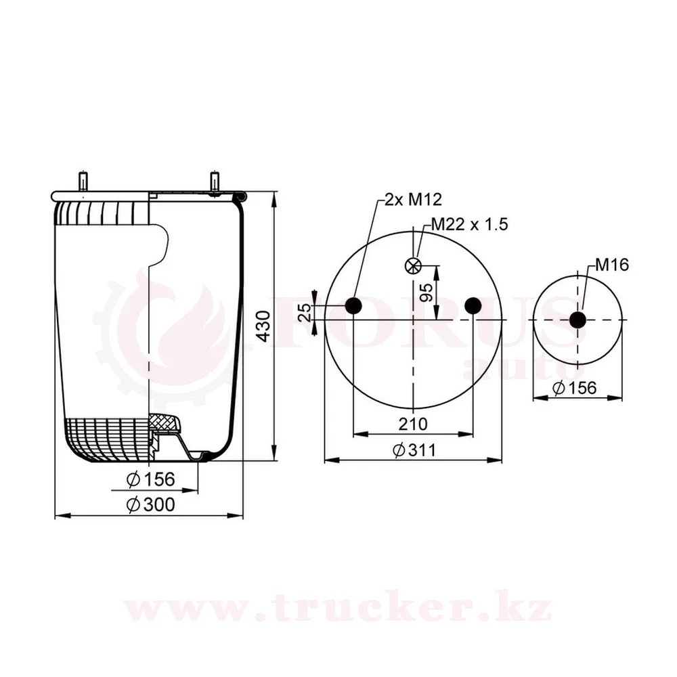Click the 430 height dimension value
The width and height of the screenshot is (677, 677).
click(263, 326)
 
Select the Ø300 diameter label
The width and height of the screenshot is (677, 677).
click(151, 504)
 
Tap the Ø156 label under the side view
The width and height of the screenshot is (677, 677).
click(151, 479)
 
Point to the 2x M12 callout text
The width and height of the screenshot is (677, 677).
click(413, 200)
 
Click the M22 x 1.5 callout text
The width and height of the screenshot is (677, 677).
click(470, 225)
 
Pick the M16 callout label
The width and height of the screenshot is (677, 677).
click(612, 265)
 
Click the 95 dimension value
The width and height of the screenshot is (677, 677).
click(426, 292)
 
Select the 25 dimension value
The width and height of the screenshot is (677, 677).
click(305, 312)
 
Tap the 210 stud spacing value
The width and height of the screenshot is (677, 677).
click(413, 424)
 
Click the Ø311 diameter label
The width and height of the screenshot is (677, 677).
click(414, 450)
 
